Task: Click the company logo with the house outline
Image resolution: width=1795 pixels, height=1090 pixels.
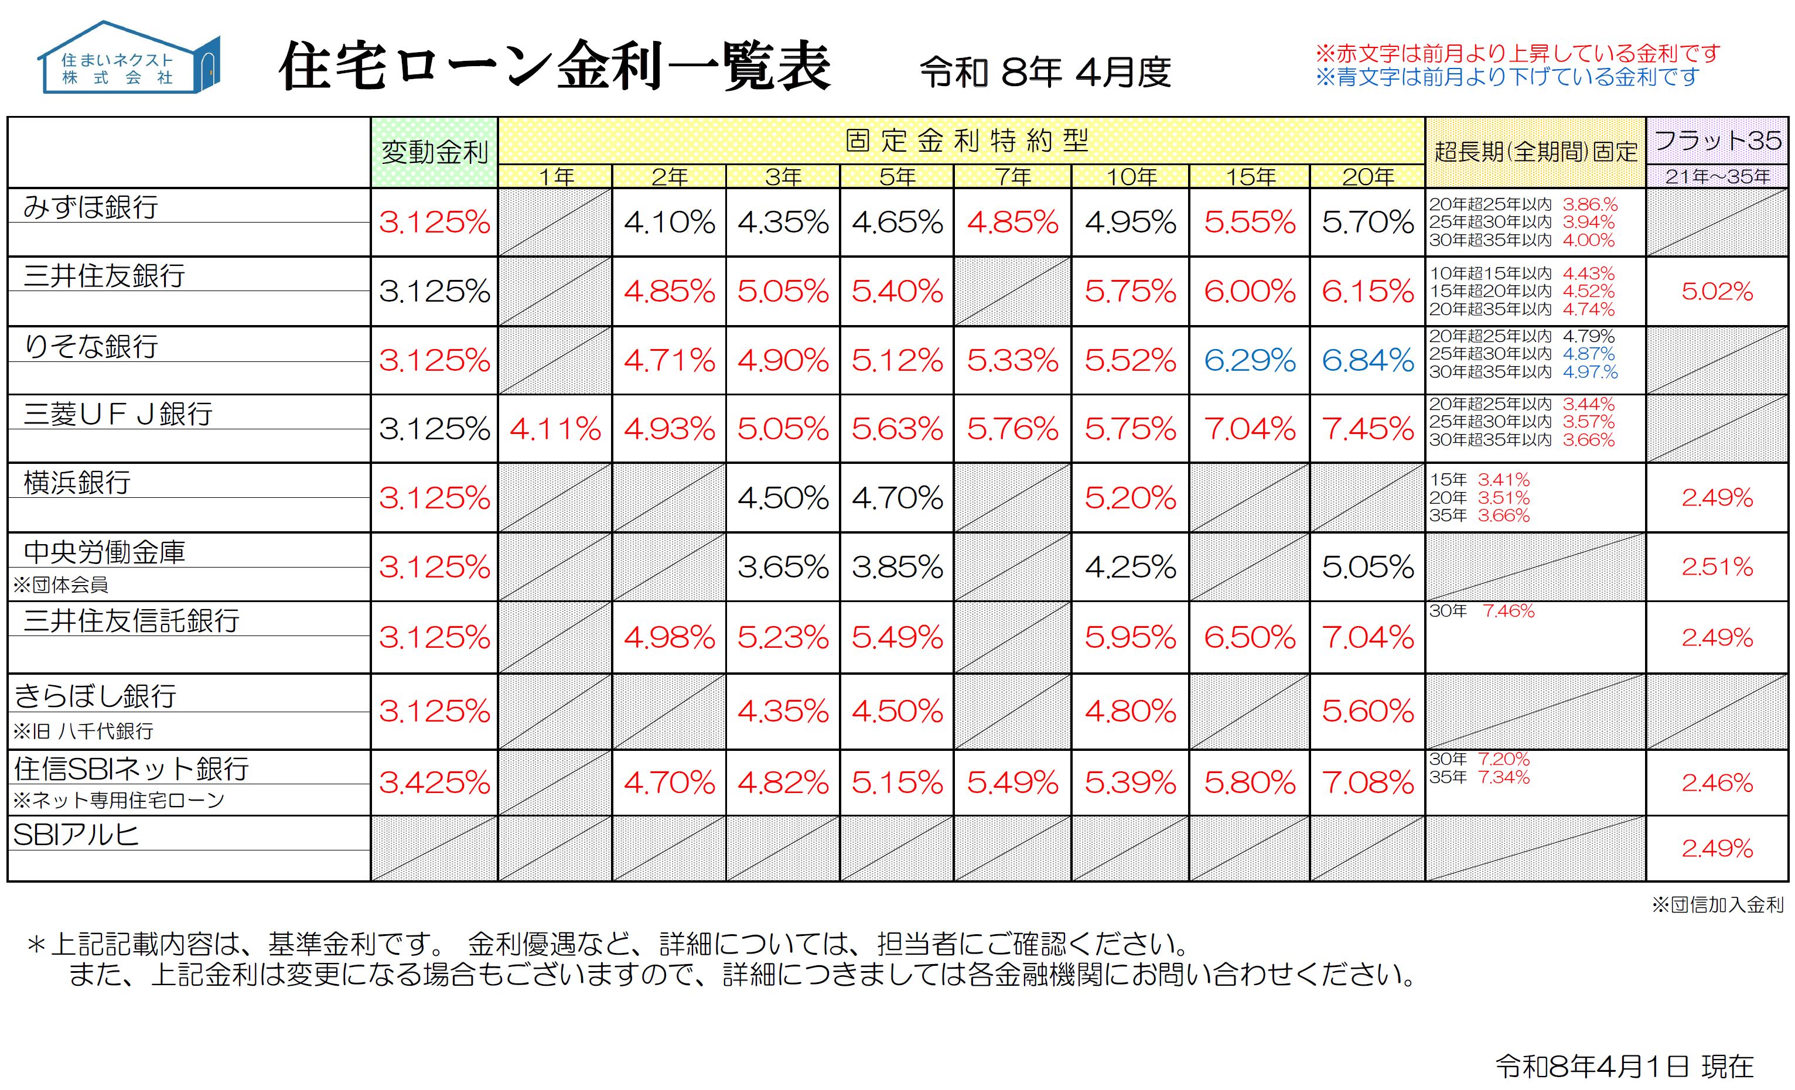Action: pos(128,58)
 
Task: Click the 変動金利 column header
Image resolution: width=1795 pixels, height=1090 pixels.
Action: pos(434,152)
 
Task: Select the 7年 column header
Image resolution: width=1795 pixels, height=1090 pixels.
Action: pos(1012,176)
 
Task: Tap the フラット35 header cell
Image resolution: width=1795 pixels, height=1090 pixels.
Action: pos(1717,141)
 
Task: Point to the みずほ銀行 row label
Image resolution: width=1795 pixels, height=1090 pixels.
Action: pos(91,207)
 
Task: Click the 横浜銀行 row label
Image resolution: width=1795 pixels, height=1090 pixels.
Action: pos(77,482)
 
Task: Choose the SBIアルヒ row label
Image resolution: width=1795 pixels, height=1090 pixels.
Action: pos(76,835)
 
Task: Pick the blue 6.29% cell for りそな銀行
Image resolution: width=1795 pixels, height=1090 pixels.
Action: pos(1250,360)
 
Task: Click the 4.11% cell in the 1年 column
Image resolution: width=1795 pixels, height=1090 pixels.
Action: pos(555,429)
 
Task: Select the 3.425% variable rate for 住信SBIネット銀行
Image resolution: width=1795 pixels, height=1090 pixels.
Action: pos(434,783)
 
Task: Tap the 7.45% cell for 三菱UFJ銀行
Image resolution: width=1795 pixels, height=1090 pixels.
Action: pos(1367,429)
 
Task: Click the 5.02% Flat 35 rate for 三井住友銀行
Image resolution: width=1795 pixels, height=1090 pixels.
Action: pos(1717,291)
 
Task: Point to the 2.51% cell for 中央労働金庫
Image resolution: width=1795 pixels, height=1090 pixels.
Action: pos(1717,566)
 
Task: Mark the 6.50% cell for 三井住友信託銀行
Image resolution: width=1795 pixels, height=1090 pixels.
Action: pos(1250,638)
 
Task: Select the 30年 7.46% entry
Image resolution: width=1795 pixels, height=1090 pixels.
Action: pos(1482,611)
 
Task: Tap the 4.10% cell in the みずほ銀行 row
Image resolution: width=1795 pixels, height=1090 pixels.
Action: pos(669,222)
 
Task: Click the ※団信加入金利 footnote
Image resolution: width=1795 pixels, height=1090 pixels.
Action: pos(1717,905)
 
